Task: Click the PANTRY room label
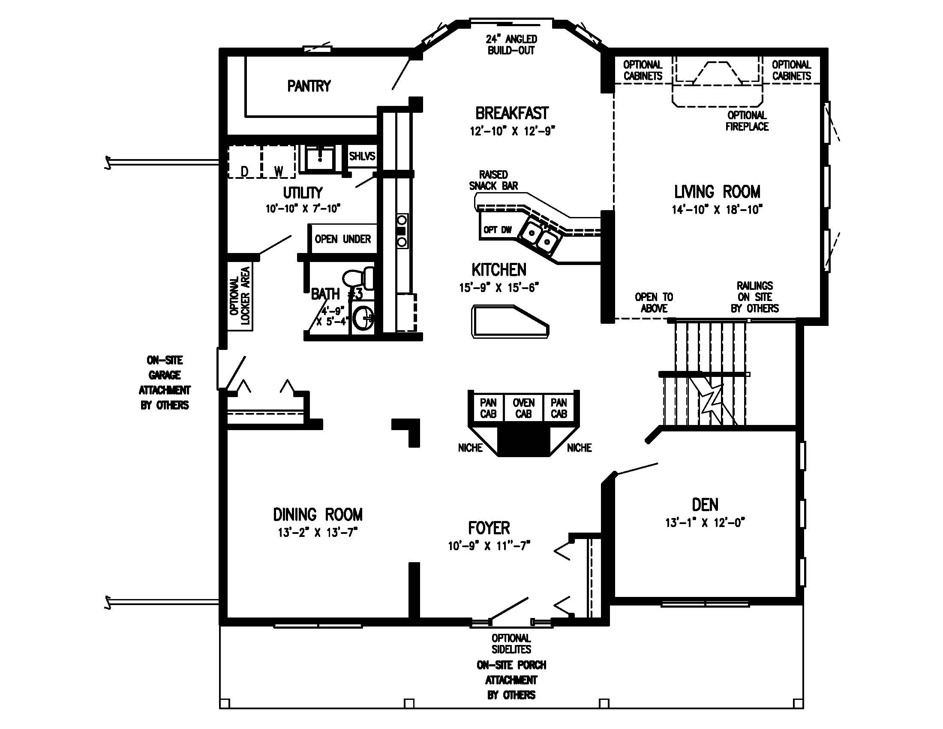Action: click(309, 86)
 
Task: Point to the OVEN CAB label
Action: click(523, 408)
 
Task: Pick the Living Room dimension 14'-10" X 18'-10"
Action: click(717, 210)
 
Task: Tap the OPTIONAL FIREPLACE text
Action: click(747, 121)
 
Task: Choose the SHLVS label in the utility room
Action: click(362, 156)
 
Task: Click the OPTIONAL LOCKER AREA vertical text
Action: click(240, 296)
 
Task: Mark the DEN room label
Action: click(705, 504)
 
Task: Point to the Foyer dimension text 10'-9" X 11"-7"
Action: click(489, 546)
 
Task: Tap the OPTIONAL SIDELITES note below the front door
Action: click(511, 644)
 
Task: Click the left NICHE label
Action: click(470, 448)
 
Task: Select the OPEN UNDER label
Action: click(342, 239)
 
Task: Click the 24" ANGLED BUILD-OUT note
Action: click(511, 45)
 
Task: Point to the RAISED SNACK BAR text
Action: click(493, 180)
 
